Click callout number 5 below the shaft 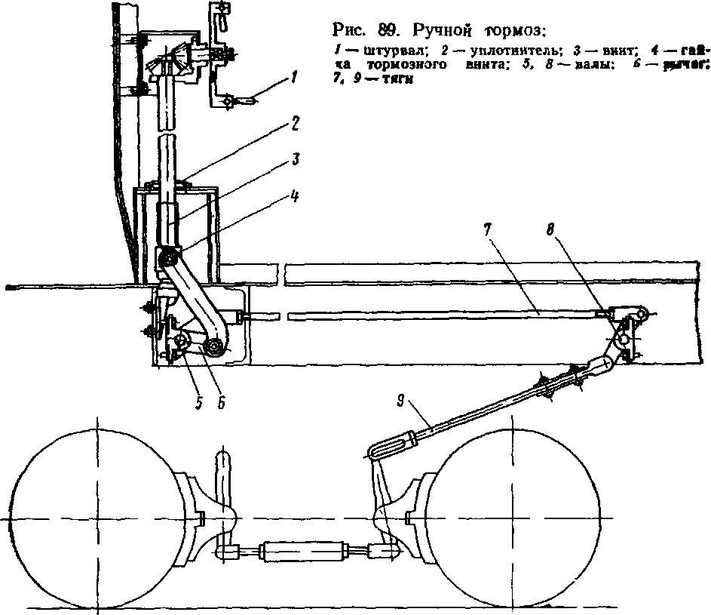click(199, 403)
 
